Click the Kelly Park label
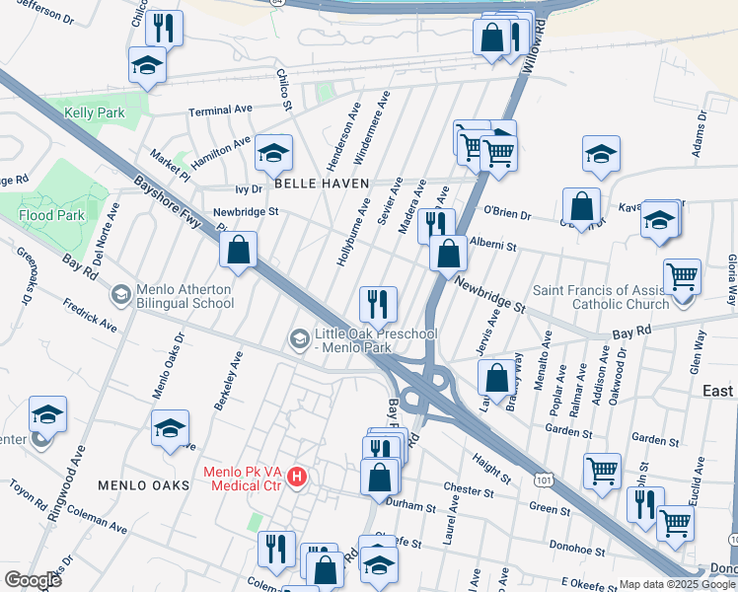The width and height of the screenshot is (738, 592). pos(95,113)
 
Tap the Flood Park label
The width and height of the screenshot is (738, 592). pos(50,213)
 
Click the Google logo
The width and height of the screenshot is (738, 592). pos(33,580)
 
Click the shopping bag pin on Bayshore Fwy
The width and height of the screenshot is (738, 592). pos(239,253)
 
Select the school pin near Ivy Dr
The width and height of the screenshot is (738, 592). pos(273,153)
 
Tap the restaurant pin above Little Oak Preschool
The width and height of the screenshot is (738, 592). pos(378,305)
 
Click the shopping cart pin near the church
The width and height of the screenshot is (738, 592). pos(682,277)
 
